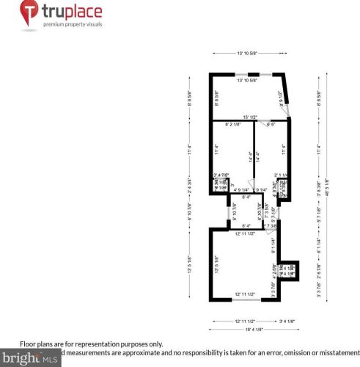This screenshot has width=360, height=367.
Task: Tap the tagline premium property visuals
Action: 73,24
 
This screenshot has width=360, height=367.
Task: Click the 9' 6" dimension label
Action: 271,124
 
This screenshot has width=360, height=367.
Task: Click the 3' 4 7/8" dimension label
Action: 221,174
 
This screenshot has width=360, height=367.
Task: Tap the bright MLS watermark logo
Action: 29,359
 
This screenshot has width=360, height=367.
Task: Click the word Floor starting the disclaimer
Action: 27,344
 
